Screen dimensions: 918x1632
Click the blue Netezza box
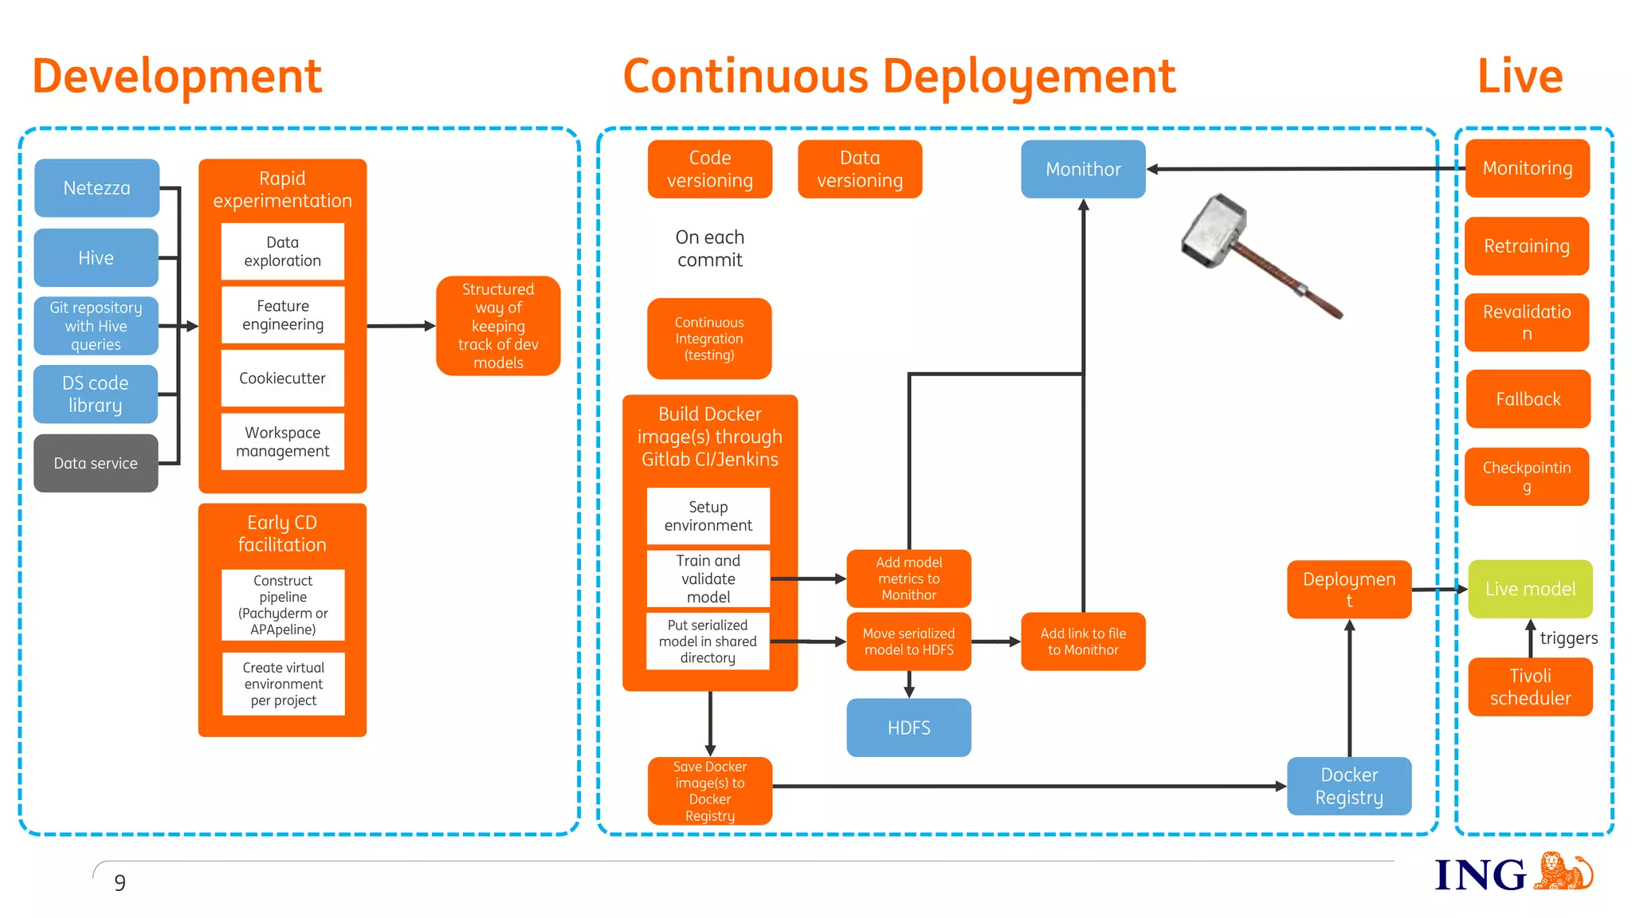point(96,188)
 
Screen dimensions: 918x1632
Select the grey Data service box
point(96,463)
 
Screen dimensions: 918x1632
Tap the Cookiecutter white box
point(282,378)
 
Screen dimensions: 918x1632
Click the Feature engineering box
point(282,315)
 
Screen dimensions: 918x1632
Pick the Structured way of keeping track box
point(498,326)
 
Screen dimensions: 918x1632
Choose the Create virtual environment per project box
point(283,684)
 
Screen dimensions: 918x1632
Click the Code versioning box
point(709,169)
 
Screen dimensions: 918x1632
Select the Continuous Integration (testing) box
point(709,339)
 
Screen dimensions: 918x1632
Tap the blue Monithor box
point(1083,169)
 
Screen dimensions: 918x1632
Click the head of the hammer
point(1214,230)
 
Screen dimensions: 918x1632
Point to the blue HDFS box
point(908,728)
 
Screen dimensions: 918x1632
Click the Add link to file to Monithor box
point(1083,641)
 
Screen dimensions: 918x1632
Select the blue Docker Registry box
point(1348,786)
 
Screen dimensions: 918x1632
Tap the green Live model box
point(1530,589)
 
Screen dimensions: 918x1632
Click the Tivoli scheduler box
point(1530,687)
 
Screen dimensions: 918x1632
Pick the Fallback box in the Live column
point(1528,398)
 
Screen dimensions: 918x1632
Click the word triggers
point(1568,638)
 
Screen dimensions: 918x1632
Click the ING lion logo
point(1565,872)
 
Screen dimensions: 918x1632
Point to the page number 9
point(120,883)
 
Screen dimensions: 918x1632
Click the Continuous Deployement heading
point(898,76)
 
